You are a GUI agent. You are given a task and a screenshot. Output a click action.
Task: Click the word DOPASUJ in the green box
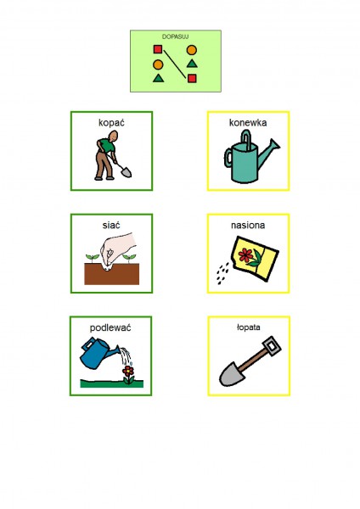click(176, 36)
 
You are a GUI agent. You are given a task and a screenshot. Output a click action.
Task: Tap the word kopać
click(111, 123)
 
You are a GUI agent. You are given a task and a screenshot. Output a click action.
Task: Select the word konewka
click(248, 123)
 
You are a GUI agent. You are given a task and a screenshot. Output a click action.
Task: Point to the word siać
click(111, 225)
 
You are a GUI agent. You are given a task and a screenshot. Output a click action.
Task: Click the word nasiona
click(248, 225)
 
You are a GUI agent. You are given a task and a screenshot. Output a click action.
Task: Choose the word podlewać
click(110, 327)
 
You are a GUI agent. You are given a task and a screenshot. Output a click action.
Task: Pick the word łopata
click(248, 327)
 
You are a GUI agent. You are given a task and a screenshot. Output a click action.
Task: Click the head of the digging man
click(114, 136)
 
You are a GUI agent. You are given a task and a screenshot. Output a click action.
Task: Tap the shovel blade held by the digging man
click(126, 172)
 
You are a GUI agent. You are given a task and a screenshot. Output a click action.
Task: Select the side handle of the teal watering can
click(228, 158)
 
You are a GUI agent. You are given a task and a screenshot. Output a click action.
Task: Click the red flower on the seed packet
click(246, 255)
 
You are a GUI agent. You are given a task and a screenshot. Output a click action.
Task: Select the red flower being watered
click(128, 371)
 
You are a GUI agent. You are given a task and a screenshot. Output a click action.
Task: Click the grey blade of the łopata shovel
click(232, 374)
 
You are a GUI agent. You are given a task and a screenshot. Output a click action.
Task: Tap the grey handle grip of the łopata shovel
click(272, 346)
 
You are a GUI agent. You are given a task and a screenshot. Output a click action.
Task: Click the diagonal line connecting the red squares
click(175, 64)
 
